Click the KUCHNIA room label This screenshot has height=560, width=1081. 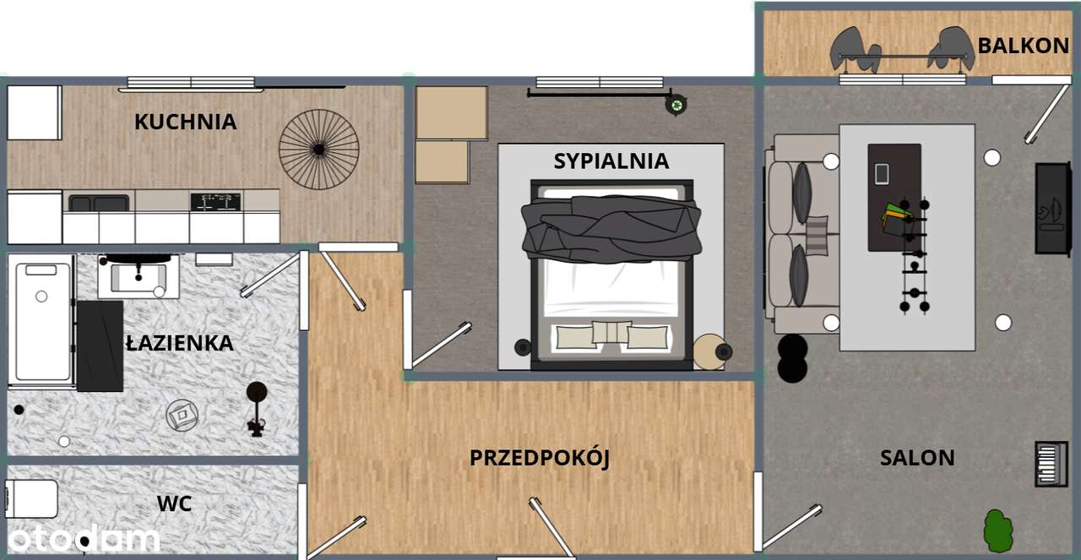pyautogui.click(x=185, y=122)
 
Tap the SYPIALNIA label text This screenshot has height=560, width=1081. pyautogui.click(x=611, y=160)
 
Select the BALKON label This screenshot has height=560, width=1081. pyautogui.click(x=1023, y=46)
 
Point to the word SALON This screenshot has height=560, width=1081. pyautogui.click(x=917, y=458)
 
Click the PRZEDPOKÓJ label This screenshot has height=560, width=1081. pyautogui.click(x=539, y=458)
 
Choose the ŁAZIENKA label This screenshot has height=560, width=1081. pyautogui.click(x=179, y=343)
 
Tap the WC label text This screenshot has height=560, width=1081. pyautogui.click(x=174, y=504)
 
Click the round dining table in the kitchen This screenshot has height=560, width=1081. pyautogui.click(x=318, y=150)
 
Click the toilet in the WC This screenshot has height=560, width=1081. pyautogui.click(x=32, y=498)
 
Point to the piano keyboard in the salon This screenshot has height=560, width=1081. pyautogui.click(x=1051, y=464)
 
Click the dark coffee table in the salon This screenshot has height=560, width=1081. pyautogui.click(x=894, y=197)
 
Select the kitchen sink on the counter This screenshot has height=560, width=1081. pyautogui.click(x=99, y=203)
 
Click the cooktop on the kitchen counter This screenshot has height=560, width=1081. pyautogui.click(x=215, y=202)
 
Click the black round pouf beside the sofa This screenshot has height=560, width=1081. pyautogui.click(x=792, y=358)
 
